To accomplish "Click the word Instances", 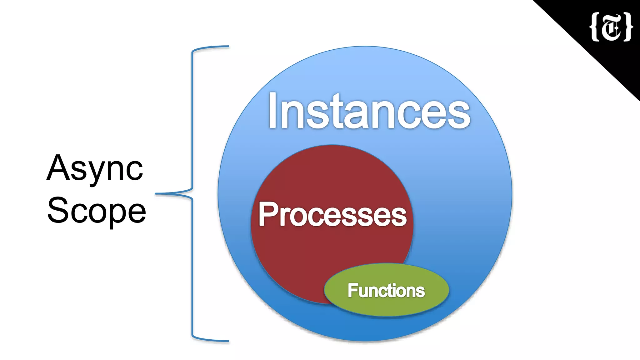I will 369,111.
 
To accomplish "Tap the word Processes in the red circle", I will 332,214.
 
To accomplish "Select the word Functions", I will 386,291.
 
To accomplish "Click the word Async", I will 95,169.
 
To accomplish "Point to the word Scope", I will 97,211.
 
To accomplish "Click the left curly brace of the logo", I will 594,27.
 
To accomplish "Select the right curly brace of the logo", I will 628,27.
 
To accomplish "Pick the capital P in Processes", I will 267,214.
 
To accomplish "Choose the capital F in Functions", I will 352,291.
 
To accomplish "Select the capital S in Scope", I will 57,210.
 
